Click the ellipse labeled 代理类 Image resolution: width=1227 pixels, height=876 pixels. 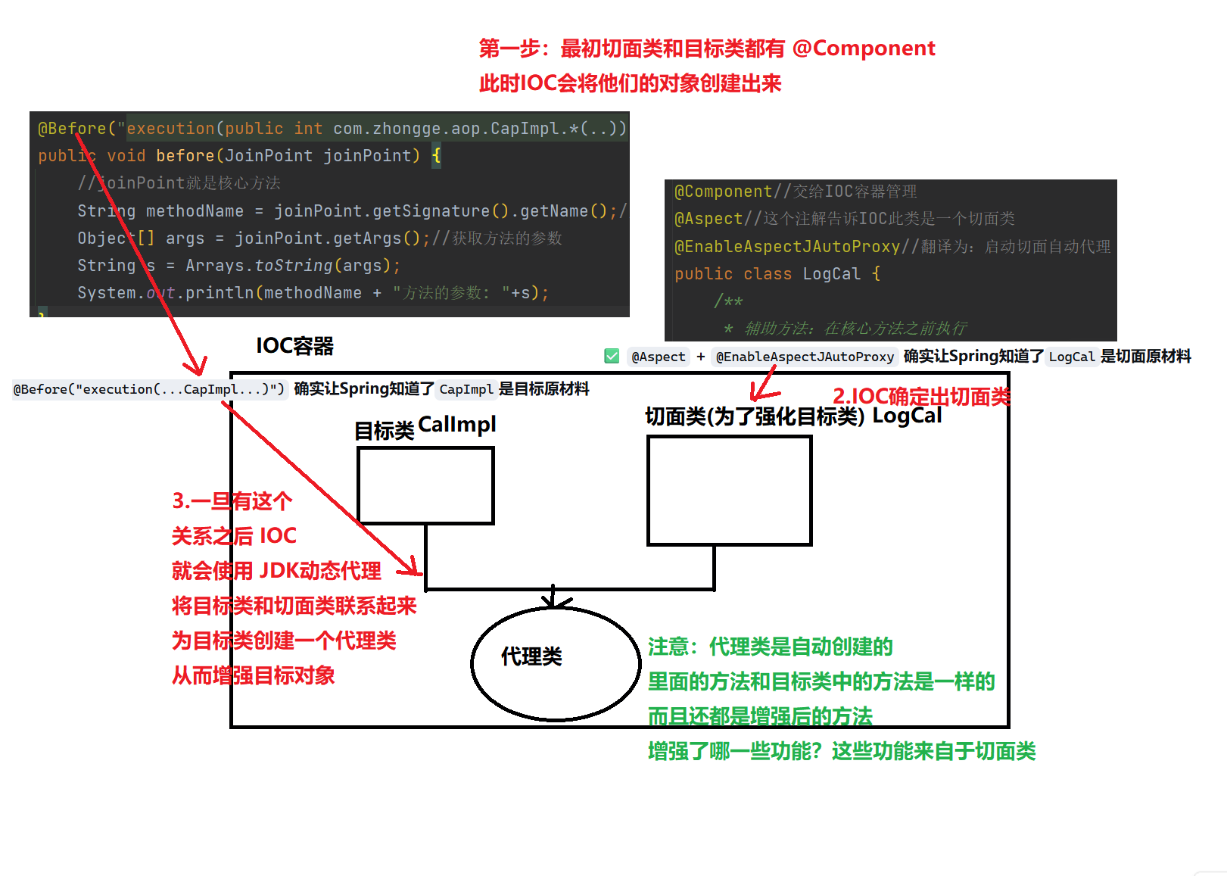[556, 663]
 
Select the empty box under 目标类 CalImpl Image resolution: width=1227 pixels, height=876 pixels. [425, 485]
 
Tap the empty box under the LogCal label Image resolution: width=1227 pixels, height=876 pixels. [730, 491]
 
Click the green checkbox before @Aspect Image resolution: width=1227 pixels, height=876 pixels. [612, 357]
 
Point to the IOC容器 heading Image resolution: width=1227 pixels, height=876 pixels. [294, 346]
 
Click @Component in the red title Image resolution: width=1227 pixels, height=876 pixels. [864, 48]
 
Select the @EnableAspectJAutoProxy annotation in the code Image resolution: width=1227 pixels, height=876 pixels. [786, 247]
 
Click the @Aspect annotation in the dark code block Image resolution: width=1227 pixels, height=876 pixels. [708, 219]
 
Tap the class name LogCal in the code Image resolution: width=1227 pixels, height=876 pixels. [831, 274]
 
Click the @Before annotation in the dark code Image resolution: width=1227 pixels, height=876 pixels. [72, 129]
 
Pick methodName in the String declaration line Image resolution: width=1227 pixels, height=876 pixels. [195, 211]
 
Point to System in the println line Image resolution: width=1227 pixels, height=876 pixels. [107, 293]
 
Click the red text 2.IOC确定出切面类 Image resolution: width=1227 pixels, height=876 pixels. [920, 396]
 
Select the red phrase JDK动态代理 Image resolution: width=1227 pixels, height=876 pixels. [320, 570]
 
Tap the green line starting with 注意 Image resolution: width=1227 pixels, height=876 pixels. [770, 647]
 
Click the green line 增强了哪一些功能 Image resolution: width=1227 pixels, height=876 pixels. [841, 751]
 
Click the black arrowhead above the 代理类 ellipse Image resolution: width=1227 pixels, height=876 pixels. [554, 601]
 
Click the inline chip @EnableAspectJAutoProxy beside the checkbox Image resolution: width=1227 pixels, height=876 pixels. [805, 357]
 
